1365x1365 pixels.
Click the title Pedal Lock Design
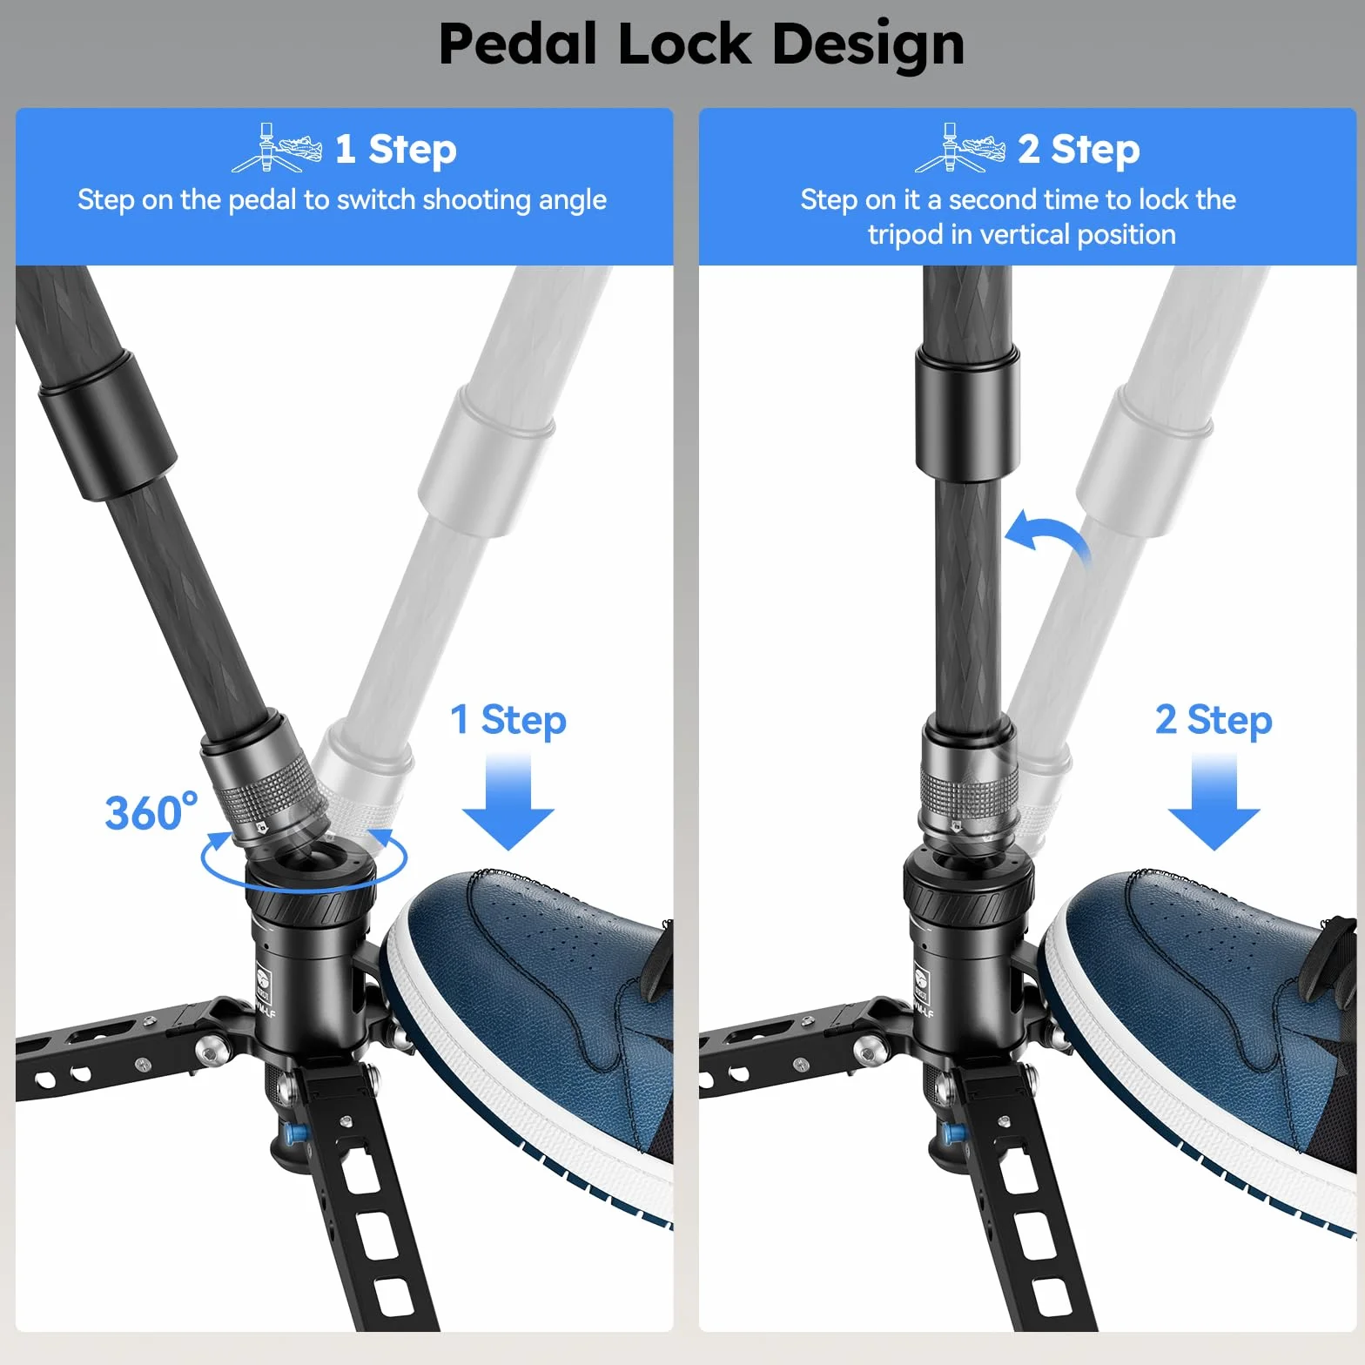click(x=702, y=45)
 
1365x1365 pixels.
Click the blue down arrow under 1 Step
click(x=508, y=801)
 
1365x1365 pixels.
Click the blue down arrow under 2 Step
click(x=1214, y=801)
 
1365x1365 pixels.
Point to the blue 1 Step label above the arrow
click(x=508, y=721)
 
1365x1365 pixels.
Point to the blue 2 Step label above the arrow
click(x=1214, y=721)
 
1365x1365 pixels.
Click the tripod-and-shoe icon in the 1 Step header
click(x=277, y=148)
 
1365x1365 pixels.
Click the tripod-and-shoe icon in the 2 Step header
click(x=960, y=148)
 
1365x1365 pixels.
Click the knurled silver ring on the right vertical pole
click(x=969, y=789)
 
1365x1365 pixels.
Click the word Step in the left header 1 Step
click(x=413, y=150)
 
